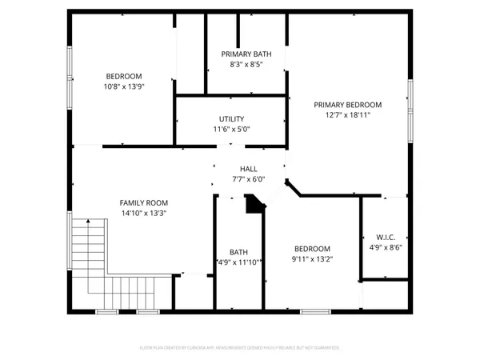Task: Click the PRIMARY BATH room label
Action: point(246,54)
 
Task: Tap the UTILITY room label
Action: point(231,119)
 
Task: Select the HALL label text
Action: point(248,169)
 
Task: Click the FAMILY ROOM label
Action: point(142,203)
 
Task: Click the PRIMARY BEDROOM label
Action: point(347,105)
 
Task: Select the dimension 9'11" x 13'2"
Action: point(311,259)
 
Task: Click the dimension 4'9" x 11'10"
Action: point(239,262)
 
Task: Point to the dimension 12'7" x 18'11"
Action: point(347,115)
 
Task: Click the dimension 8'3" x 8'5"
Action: point(246,64)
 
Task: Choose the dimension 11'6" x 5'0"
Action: point(231,130)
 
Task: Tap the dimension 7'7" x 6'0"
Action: point(248,179)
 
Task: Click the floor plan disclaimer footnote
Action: point(240,348)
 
